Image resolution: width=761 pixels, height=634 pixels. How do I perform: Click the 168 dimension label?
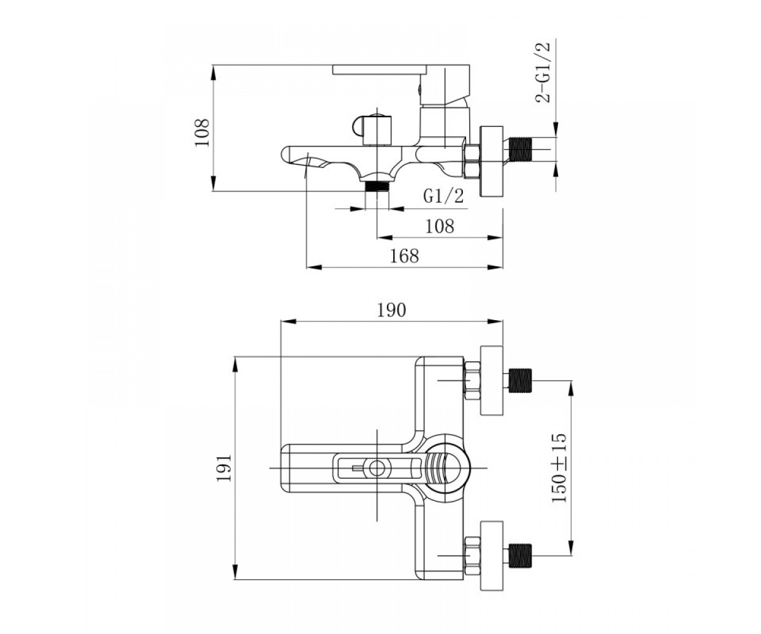pos(404,256)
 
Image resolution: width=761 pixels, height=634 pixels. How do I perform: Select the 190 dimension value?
pos(391,310)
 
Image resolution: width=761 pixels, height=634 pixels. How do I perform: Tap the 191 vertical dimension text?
pos(224,469)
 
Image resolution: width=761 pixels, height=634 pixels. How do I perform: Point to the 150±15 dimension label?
pos(559,469)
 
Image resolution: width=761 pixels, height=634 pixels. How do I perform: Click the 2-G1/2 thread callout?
pos(543,73)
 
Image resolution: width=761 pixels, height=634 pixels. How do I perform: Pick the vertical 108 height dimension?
pos(202,133)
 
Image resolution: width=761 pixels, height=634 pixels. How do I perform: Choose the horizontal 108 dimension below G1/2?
pos(440,226)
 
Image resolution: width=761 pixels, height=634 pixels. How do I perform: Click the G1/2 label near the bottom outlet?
pos(444,196)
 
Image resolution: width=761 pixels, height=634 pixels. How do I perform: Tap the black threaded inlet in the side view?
pos(522,150)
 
